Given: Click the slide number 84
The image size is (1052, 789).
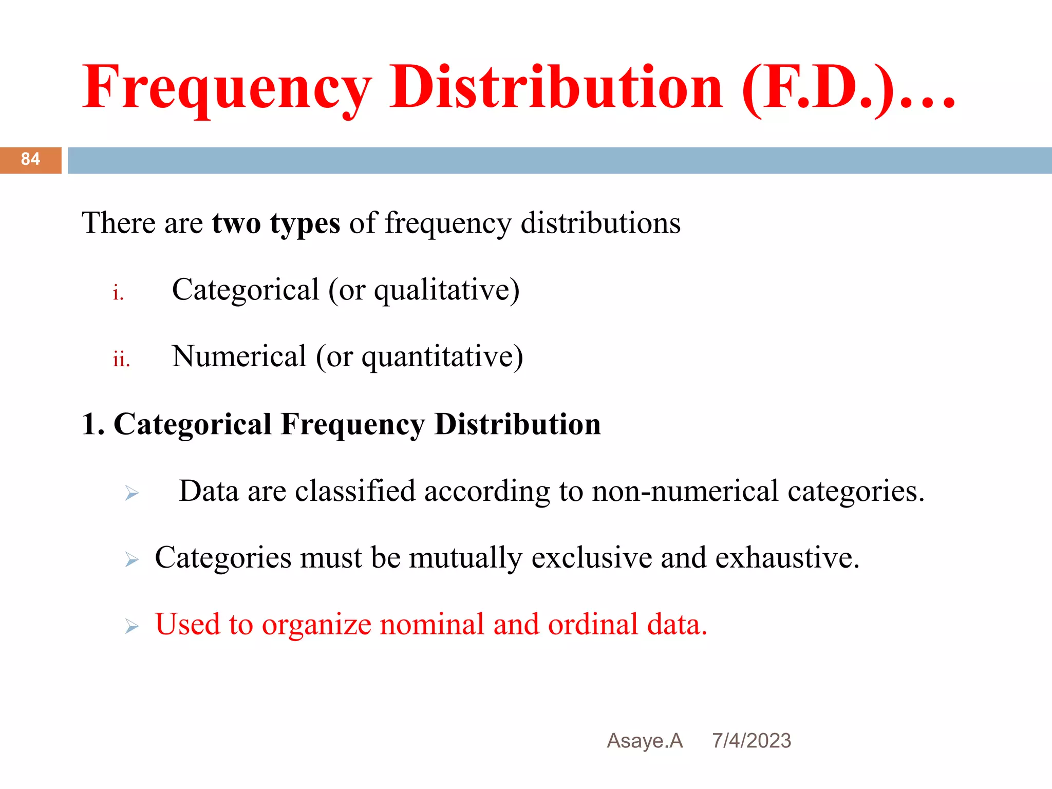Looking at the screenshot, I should coord(30,159).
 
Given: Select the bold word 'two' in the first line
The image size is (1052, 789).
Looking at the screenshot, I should coord(236,224).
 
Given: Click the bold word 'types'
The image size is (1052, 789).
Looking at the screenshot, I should coord(305,224).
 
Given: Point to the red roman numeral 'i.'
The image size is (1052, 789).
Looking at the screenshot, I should coord(118,293).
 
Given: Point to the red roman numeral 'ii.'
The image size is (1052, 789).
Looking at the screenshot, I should coord(121,359).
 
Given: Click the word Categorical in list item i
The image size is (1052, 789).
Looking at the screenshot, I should coord(246,290).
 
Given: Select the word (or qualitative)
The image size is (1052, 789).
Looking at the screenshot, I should coord(424,291).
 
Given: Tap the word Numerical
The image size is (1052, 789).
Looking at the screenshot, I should coord(239,356).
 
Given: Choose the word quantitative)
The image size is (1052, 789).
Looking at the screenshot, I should coord(442,358).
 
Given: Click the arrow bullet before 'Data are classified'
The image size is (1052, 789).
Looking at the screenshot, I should coord(132,494).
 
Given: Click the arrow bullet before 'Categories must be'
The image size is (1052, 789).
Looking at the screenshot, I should coord(132,560).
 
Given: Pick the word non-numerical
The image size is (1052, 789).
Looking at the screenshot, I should coord(685,491).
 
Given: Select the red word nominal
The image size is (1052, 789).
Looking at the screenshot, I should coord(432,625).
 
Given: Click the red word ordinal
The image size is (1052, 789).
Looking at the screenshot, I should coord(593,625).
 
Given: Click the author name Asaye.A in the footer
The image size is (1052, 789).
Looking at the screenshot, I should coord(645,741).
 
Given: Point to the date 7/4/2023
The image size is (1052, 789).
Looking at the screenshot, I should coord(751,741).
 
